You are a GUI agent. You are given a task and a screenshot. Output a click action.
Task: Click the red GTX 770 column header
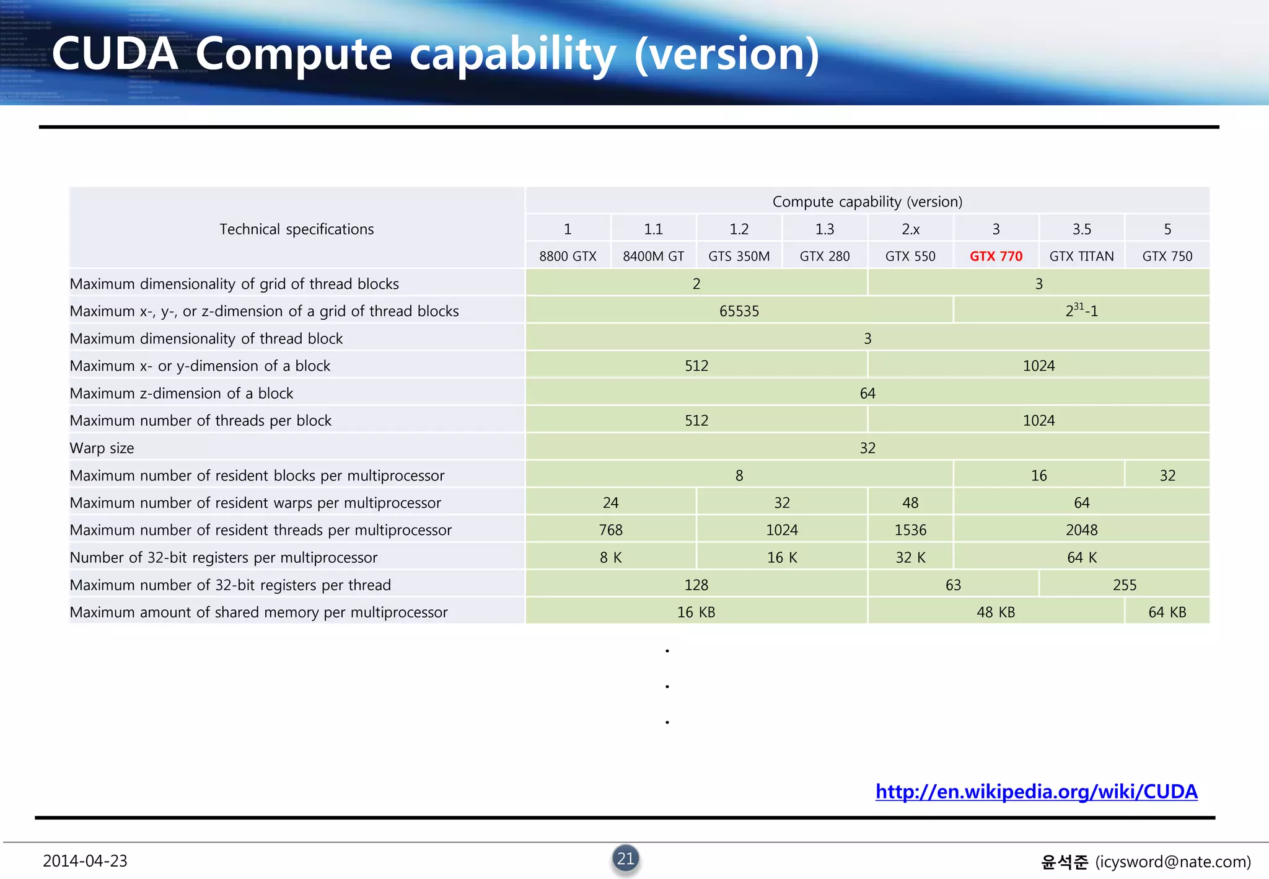(996, 256)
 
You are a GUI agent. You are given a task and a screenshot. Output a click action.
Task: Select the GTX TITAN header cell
(1081, 256)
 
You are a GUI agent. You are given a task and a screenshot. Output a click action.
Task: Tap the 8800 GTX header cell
(568, 256)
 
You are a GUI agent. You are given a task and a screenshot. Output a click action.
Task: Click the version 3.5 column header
(1081, 229)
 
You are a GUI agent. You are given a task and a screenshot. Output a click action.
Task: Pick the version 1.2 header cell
(739, 229)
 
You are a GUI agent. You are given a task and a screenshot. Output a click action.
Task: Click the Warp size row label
(102, 448)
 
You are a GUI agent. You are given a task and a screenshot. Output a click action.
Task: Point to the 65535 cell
(739, 311)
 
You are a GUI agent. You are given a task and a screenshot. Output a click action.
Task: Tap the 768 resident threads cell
(610, 530)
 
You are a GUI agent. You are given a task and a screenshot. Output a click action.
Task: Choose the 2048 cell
(1081, 530)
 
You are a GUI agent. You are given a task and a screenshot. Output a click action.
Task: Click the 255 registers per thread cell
(1124, 585)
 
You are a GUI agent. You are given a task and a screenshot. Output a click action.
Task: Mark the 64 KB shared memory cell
(1167, 612)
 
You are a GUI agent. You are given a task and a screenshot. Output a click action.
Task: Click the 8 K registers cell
(610, 557)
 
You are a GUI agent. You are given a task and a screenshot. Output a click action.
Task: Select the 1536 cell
(910, 530)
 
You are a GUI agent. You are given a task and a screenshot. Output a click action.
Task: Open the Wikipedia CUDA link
(1036, 792)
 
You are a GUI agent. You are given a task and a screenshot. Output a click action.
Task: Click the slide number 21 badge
(626, 859)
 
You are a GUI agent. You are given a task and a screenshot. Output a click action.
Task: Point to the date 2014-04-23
(85, 861)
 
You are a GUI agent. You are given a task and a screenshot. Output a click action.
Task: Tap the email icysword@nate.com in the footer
(1172, 862)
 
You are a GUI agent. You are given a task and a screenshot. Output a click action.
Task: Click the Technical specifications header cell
(297, 229)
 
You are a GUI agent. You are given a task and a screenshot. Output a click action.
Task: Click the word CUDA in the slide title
(115, 54)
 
